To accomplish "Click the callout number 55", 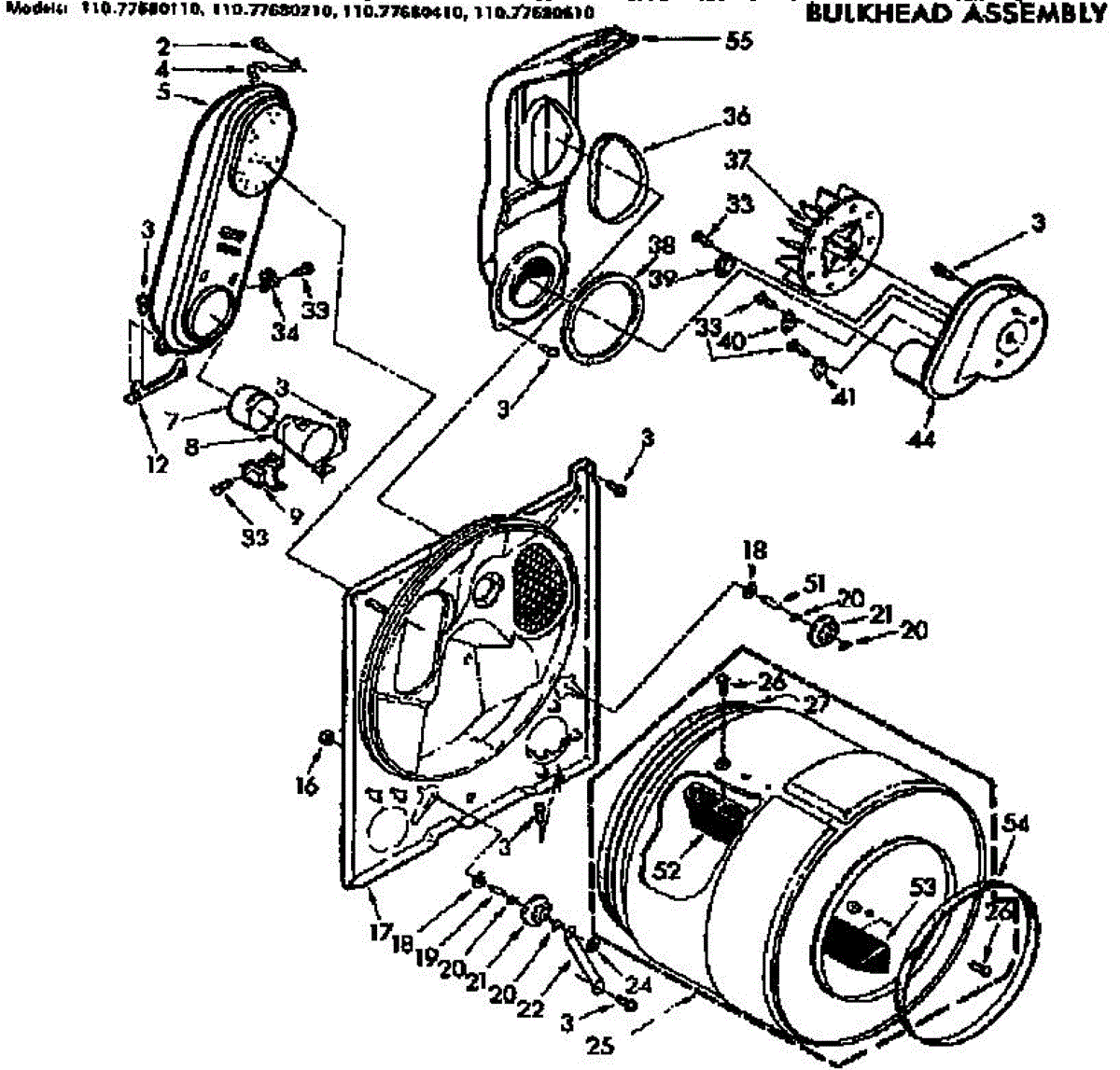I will click(x=737, y=41).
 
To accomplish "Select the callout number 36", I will click(x=735, y=118).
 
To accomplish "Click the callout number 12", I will click(x=156, y=463).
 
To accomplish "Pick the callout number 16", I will click(x=307, y=785).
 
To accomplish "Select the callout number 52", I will click(x=667, y=869).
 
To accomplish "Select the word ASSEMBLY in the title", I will click(x=1025, y=14).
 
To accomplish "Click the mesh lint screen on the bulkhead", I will click(x=538, y=584).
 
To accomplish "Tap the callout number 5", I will click(x=165, y=93).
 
